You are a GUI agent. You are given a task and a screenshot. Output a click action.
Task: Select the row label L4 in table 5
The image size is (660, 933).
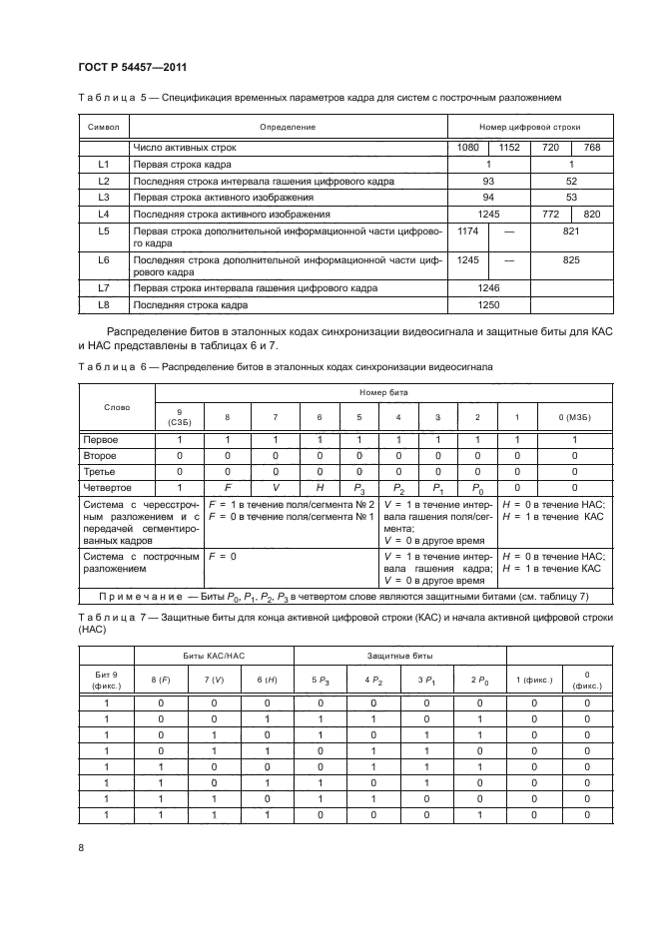click(104, 214)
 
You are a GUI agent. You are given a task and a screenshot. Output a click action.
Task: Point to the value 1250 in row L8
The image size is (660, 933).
click(488, 303)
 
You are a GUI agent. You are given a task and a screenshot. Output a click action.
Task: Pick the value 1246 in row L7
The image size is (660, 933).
click(488, 287)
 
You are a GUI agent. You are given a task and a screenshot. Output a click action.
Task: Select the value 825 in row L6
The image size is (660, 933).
click(571, 259)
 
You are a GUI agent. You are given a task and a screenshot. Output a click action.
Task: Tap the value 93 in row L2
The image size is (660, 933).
click(488, 181)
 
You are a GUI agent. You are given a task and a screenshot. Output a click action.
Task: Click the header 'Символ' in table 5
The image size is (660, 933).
click(104, 128)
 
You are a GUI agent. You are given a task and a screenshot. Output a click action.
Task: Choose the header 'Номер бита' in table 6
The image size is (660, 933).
click(379, 393)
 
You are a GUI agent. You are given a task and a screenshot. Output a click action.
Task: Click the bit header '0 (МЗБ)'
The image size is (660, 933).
click(575, 417)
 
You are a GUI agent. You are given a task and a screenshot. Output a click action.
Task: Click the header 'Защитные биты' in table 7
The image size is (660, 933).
click(399, 654)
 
